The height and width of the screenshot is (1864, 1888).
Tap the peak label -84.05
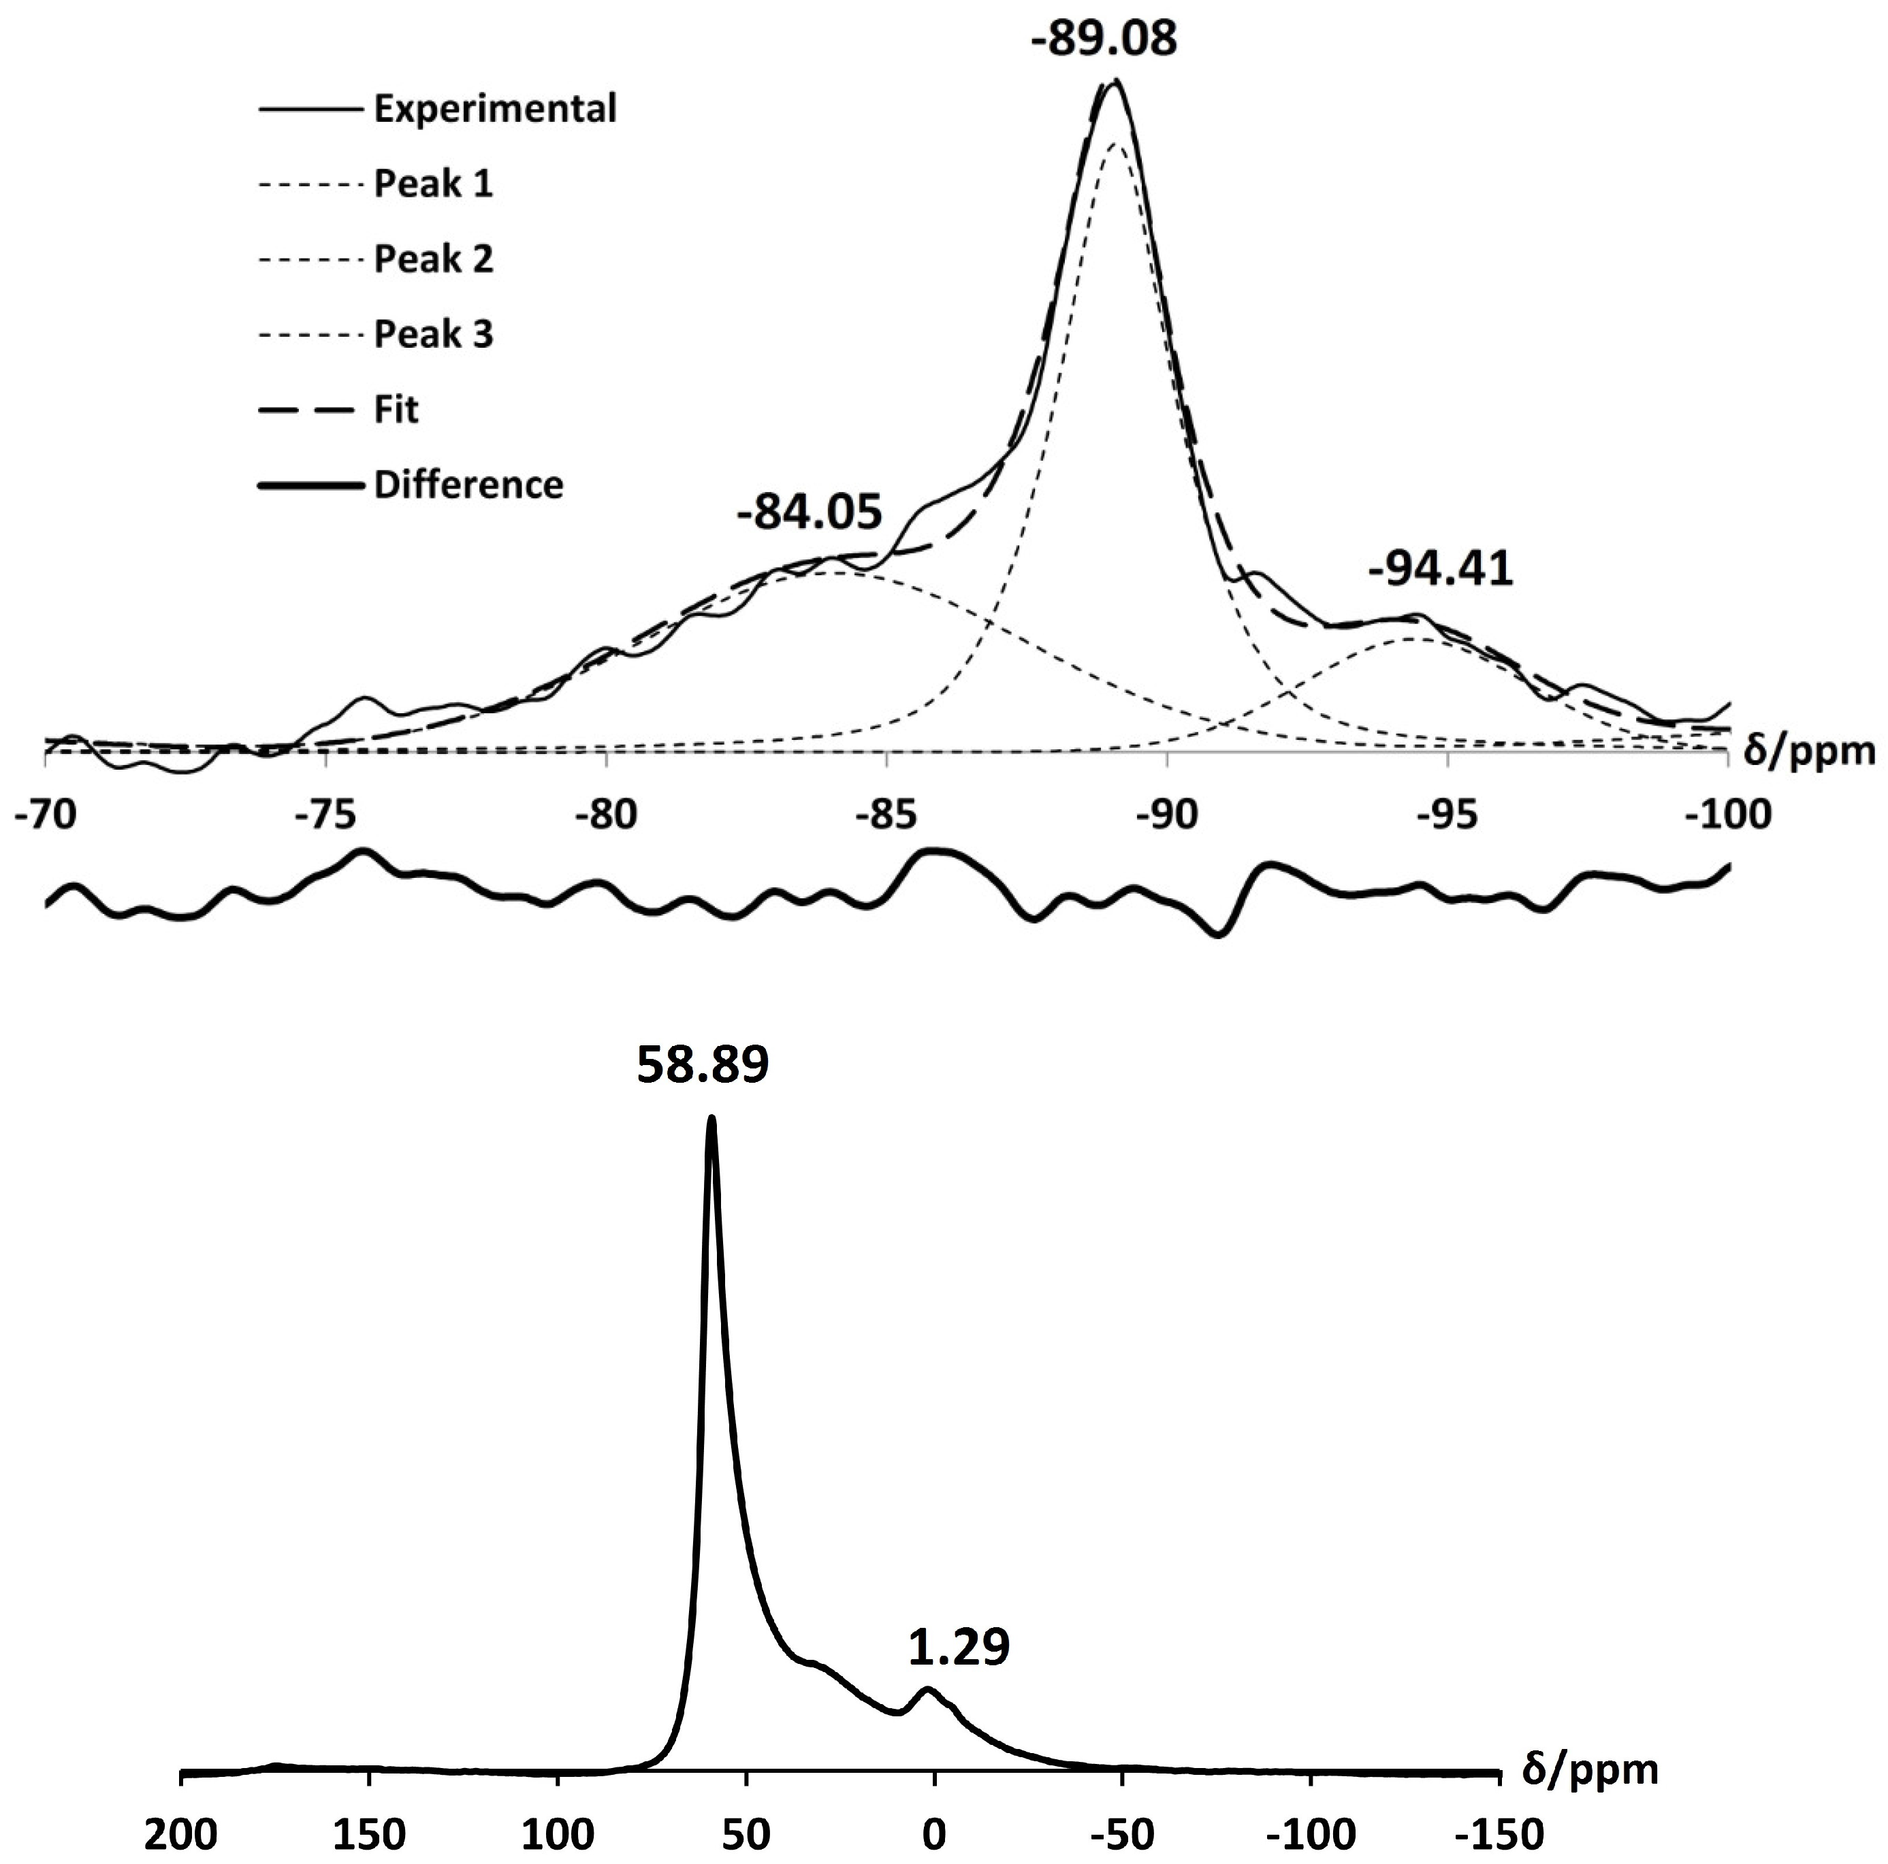coord(809,512)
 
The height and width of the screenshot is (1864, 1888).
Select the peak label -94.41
coord(1441,568)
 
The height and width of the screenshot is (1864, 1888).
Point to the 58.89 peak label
coord(703,1066)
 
